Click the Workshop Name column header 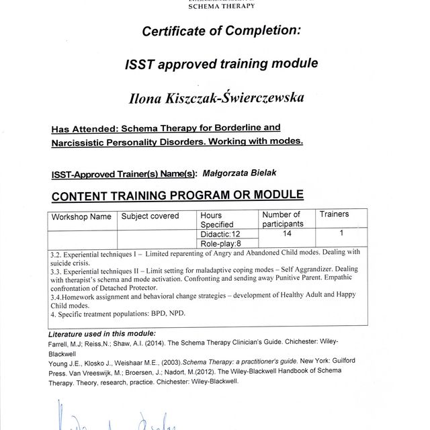pyautogui.click(x=83, y=217)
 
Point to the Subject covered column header pyautogui.click(x=150, y=216)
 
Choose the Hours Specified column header pyautogui.click(x=217, y=220)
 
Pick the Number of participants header pyautogui.click(x=283, y=219)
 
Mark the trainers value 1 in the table pyautogui.click(x=341, y=234)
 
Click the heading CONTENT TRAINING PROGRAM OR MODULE pyautogui.click(x=177, y=196)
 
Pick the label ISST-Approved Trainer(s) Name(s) pyautogui.click(x=123, y=174)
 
